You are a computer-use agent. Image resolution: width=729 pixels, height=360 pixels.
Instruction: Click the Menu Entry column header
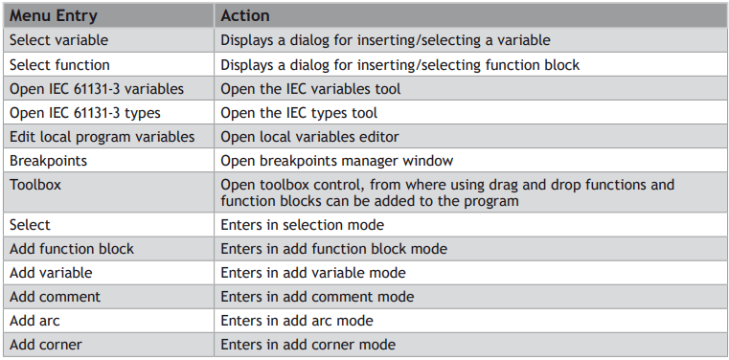point(54,15)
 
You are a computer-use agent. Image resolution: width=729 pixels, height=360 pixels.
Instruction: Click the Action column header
point(245,15)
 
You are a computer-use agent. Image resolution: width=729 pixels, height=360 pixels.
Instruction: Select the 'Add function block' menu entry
point(72,249)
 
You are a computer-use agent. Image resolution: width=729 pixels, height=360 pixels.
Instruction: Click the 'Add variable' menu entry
point(51,273)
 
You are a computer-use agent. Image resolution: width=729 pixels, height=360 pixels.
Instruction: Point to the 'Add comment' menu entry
point(55,297)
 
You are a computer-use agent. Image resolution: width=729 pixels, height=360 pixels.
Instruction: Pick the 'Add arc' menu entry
point(34,321)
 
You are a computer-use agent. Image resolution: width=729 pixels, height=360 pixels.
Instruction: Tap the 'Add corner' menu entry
point(46,345)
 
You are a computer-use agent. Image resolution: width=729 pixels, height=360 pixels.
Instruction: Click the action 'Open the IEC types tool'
point(299,113)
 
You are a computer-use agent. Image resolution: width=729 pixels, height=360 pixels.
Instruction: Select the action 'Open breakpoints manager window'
point(337,161)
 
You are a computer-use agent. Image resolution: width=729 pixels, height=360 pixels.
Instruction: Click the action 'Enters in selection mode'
point(302,225)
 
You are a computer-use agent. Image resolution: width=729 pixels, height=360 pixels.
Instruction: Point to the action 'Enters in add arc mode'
point(297,321)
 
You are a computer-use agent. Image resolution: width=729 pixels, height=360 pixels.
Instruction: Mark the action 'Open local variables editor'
point(309,137)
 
